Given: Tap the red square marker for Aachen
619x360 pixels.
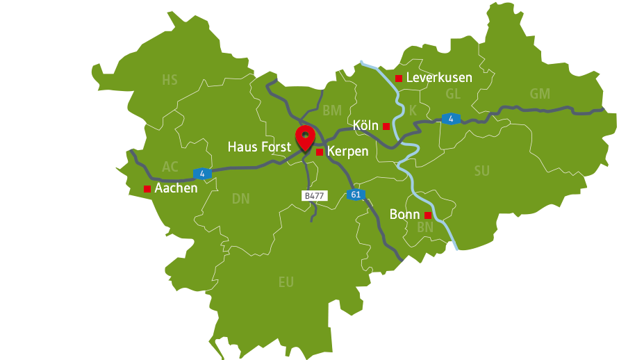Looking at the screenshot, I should pyautogui.click(x=147, y=189).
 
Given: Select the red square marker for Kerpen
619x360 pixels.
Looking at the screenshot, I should pyautogui.click(x=320, y=152).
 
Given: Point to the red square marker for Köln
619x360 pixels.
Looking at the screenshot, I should pyautogui.click(x=386, y=126).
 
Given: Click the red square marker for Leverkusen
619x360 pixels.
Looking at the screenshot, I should pyautogui.click(x=399, y=78).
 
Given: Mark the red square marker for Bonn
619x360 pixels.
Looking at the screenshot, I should pyautogui.click(x=428, y=215).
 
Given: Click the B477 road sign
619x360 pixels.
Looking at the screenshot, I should pyautogui.click(x=314, y=196).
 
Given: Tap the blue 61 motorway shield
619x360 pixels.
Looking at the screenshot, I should pyautogui.click(x=356, y=195).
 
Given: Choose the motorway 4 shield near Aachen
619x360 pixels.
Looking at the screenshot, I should pyautogui.click(x=201, y=173).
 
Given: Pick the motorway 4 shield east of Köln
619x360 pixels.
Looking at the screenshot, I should pyautogui.click(x=451, y=119).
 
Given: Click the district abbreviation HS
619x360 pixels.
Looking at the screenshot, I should pyautogui.click(x=170, y=81).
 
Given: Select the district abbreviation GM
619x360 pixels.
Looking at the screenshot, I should pyautogui.click(x=540, y=94).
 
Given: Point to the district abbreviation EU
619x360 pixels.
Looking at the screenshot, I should pyautogui.click(x=286, y=282).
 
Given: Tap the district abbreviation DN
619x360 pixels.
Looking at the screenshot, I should pyautogui.click(x=240, y=199).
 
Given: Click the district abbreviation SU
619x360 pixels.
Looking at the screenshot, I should pyautogui.click(x=481, y=171).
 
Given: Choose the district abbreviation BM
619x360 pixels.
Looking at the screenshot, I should pyautogui.click(x=332, y=111).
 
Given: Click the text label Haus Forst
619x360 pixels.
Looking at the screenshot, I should pyautogui.click(x=259, y=147).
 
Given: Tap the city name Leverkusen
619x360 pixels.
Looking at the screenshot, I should pyautogui.click(x=439, y=78).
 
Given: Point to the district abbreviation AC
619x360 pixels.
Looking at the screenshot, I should pyautogui.click(x=170, y=167).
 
